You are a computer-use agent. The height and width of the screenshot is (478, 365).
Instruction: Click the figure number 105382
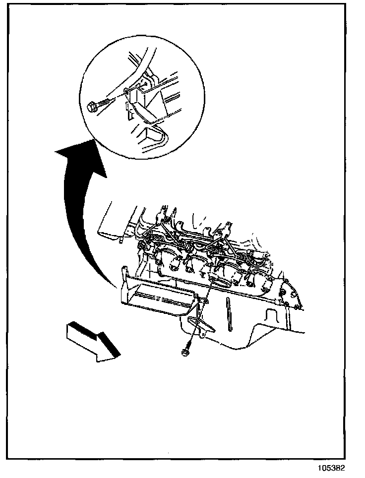331,468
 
